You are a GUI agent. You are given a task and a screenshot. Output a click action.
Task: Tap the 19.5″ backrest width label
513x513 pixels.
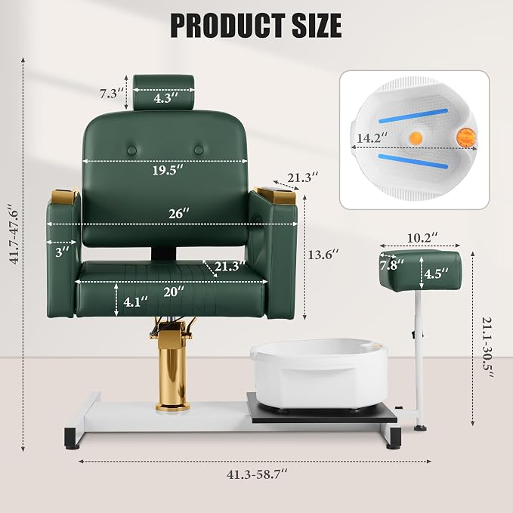168,170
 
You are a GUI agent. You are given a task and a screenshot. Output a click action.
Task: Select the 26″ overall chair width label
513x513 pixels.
179,214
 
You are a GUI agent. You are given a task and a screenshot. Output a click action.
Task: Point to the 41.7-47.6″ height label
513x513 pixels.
14,234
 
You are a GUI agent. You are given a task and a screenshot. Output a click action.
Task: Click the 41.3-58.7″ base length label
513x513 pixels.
257,474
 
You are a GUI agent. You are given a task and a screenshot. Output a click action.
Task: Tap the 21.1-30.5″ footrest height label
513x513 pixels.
487,347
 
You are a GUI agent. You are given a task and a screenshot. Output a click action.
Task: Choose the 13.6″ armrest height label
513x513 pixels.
323,254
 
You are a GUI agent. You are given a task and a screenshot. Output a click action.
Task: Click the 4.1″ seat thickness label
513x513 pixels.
135,301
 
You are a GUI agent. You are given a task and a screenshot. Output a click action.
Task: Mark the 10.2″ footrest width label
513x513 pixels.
422,237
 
